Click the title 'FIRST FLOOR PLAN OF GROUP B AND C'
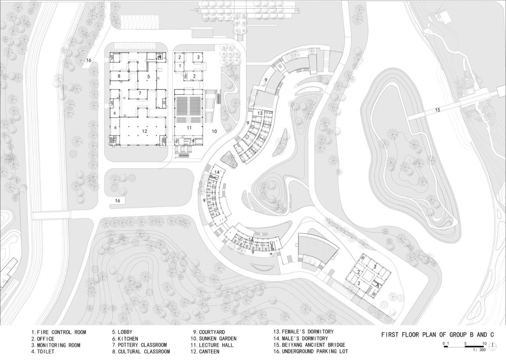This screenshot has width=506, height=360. (x=438, y=335)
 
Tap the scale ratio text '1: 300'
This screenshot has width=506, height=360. (x=479, y=350)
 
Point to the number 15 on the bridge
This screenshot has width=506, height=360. (x=437, y=110)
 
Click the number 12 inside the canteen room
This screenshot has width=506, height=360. (x=145, y=131)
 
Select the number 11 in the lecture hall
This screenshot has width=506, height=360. (x=189, y=128)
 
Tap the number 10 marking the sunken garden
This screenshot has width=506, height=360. (x=214, y=131)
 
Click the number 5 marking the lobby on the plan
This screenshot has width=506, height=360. (x=149, y=76)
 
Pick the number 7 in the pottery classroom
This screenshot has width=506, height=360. (x=140, y=93)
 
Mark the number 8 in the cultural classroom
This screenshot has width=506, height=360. (x=118, y=76)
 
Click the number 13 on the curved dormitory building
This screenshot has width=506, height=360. (x=260, y=114)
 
